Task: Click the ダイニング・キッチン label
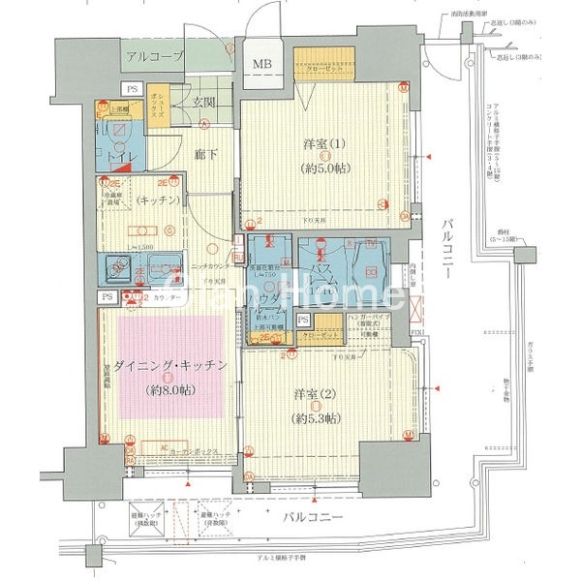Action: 170,366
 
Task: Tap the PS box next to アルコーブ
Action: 132,88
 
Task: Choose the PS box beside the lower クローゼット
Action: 303,319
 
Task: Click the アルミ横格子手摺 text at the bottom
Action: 290,562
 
